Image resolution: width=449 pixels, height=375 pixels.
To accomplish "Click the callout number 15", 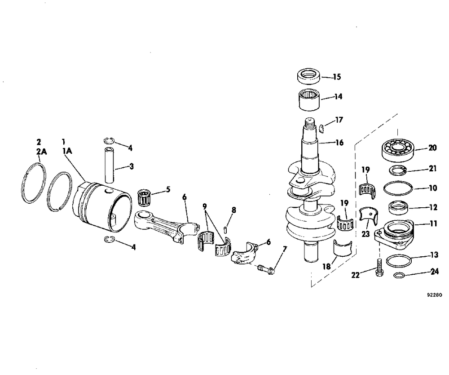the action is point(337,77).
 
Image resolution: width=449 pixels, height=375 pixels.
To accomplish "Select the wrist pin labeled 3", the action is point(110,165).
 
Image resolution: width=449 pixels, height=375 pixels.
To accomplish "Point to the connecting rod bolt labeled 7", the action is point(267,268).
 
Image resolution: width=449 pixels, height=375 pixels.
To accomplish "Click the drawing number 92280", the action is point(434,295).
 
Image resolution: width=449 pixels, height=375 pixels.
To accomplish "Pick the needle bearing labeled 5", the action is point(145,197).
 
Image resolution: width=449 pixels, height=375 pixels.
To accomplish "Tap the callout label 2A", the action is point(41,152).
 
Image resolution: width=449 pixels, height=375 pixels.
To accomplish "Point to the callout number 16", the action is point(339,143).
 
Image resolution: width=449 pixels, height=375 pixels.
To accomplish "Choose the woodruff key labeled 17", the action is point(322,127).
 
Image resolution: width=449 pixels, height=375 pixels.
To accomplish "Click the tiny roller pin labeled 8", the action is point(225,230).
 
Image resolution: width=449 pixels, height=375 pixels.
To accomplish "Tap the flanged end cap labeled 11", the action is point(394,234).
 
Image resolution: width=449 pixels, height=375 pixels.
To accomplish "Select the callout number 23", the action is point(365,234).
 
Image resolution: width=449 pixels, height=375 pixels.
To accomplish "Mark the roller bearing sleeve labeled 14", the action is point(309,99).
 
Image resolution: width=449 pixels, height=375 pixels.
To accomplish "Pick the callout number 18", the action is point(327,267).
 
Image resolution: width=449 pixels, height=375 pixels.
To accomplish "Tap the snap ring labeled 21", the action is point(398,170).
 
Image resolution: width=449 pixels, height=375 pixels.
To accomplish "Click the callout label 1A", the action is point(67,151).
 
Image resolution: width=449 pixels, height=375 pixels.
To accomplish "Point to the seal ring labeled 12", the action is point(399,208).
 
